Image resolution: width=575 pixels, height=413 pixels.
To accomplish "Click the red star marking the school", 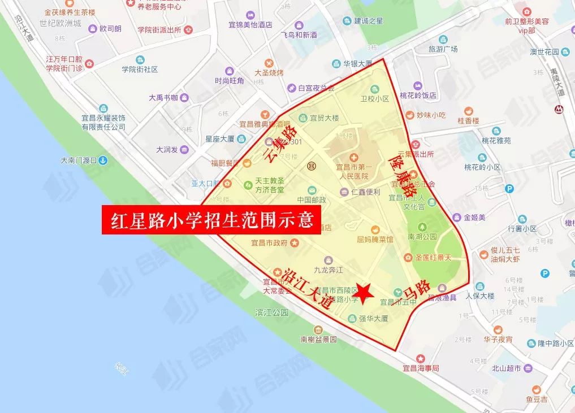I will [365, 292].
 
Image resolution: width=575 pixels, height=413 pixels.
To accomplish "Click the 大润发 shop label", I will [167, 150].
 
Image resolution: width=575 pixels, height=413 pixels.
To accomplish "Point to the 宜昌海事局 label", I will [420, 367].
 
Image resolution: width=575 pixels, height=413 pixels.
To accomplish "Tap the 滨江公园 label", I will [272, 312].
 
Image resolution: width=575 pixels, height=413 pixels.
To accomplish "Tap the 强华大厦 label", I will [373, 319].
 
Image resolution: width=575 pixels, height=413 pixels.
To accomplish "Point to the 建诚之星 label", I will [369, 21].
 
